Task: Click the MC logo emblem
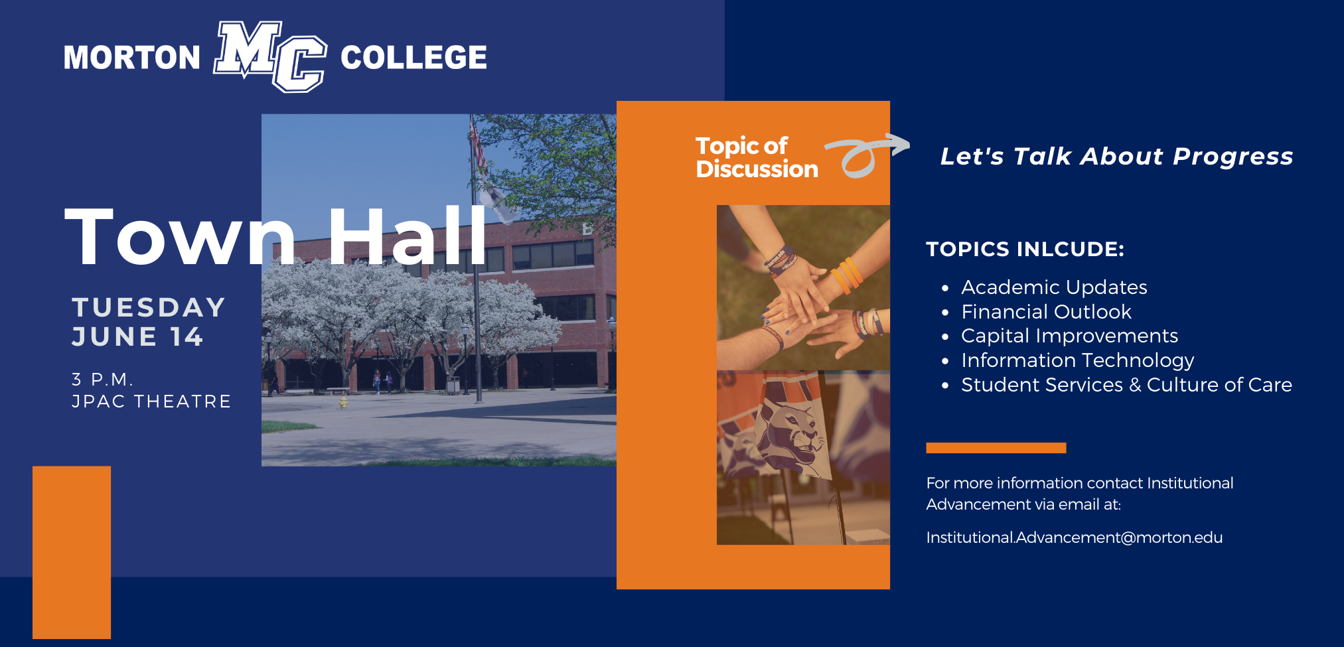point(269,56)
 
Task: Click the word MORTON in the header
point(131,58)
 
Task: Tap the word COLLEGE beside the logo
point(413,57)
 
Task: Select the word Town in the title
point(179,236)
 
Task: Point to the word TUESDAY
point(149,307)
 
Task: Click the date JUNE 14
point(137,336)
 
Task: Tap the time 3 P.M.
point(102,380)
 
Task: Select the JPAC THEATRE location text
point(151,401)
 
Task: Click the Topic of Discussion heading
point(757,157)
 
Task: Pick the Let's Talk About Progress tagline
point(1117,157)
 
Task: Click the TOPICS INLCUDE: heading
point(1025,249)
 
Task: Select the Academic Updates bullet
point(1054,287)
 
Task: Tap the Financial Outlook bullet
point(1046,312)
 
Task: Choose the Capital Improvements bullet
point(1069,336)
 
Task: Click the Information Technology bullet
point(1077,361)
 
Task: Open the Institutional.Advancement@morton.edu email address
point(1074,538)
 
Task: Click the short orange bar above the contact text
point(996,448)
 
